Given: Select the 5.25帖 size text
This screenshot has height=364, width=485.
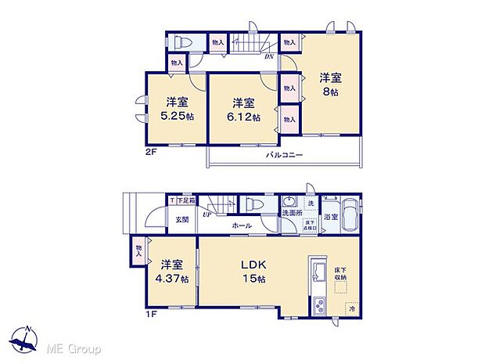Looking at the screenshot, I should (178, 116).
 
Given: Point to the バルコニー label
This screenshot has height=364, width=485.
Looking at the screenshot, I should (282, 155).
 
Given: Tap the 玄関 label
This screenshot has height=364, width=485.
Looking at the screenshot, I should (181, 219).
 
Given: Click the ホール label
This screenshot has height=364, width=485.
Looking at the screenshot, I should (240, 225).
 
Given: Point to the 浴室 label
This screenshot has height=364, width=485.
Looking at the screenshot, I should (331, 218).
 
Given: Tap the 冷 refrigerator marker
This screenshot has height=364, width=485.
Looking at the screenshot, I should (353, 309).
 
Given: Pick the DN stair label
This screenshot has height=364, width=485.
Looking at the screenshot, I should (268, 56).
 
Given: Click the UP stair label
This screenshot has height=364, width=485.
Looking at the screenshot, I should (207, 214).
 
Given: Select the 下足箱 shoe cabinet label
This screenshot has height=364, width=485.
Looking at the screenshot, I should (186, 201).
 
